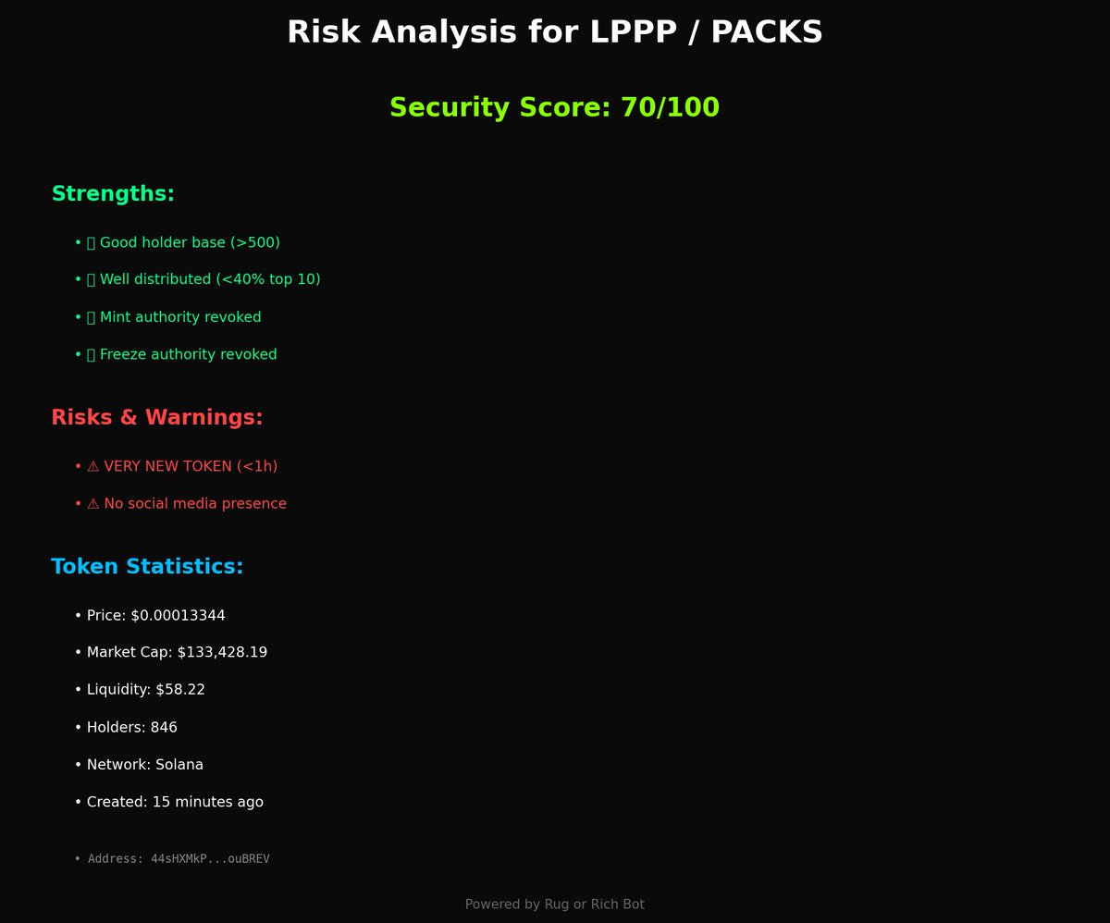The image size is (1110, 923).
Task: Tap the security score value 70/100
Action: tap(670, 107)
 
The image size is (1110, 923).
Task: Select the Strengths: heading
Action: tap(113, 194)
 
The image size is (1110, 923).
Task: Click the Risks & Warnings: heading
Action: tap(157, 417)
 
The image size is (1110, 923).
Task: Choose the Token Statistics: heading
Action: tap(147, 566)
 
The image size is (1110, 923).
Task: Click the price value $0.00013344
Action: tap(178, 615)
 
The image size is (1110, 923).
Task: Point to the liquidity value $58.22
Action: tap(180, 689)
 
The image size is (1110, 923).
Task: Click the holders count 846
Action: tap(164, 727)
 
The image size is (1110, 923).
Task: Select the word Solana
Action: tap(179, 765)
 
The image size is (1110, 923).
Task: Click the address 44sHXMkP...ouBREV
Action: tap(210, 858)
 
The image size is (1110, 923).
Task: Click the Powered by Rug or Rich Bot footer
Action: tap(555, 904)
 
